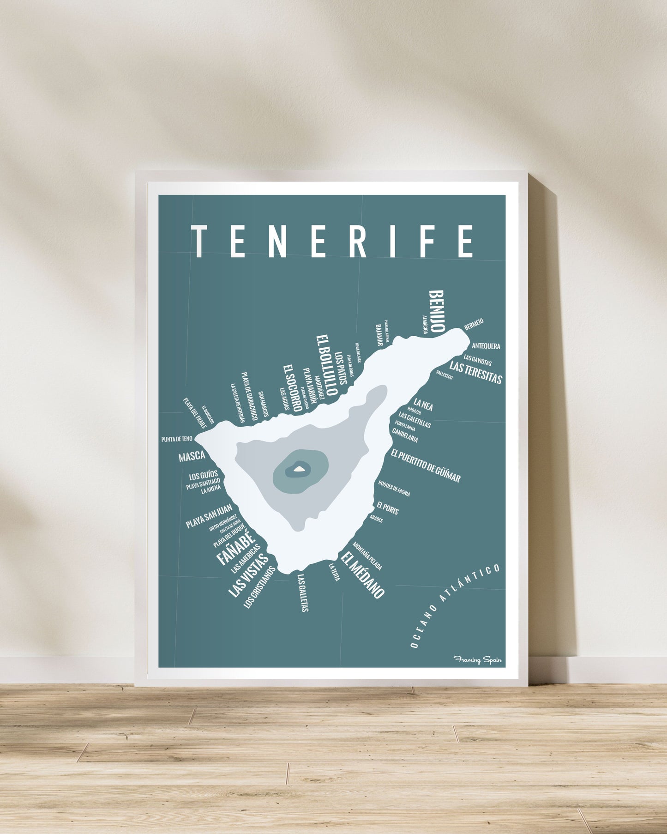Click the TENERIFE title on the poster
coord(333,241)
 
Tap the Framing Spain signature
coord(477,660)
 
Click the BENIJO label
coord(436,311)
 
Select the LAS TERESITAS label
coord(475,373)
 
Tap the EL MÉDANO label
coord(363,575)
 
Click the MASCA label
coord(192,457)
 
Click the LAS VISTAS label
coord(248,575)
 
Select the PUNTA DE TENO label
coord(177,439)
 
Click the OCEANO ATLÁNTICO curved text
coord(455,605)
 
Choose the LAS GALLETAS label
coord(303,593)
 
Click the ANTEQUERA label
coord(486,346)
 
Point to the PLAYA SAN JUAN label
coord(209,516)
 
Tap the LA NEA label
coord(423,405)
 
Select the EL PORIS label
coord(387,508)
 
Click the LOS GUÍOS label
coord(203,475)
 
